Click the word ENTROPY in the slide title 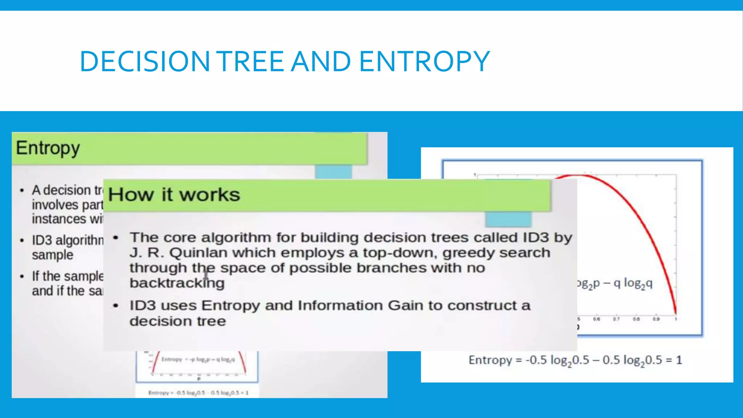(424, 61)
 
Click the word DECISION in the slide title (144, 61)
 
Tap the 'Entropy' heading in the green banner (48, 148)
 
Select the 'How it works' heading (174, 195)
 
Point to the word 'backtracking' (177, 283)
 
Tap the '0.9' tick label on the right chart (656, 319)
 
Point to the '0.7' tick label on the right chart (616, 319)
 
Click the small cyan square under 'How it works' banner (508, 219)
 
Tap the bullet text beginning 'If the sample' (67, 276)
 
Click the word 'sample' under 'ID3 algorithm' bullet (53, 255)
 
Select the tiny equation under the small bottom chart (198, 393)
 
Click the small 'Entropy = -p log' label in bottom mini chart (198, 360)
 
